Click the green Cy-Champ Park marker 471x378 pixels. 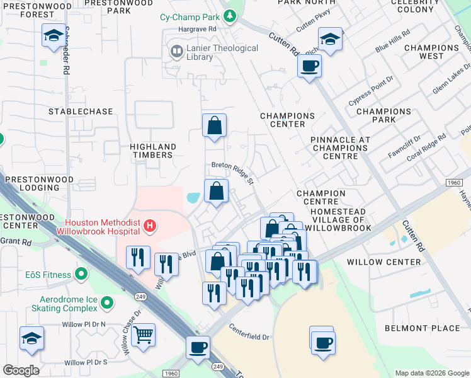click(230, 16)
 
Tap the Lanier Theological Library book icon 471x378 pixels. click(177, 50)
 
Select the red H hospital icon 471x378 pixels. click(149, 225)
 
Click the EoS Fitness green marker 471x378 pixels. click(81, 274)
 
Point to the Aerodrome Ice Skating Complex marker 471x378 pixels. click(106, 304)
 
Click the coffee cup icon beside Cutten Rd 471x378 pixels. click(309, 66)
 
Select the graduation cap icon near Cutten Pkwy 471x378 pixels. click(330, 40)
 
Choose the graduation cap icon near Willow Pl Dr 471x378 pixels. click(31, 339)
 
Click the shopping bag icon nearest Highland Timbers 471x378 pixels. click(214, 126)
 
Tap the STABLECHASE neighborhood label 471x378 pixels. click(81, 112)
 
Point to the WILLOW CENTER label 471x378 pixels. click(392, 262)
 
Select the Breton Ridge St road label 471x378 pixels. click(232, 173)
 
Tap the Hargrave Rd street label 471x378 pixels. click(196, 29)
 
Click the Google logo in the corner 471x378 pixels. click(21, 370)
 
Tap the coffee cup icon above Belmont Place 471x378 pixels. click(323, 343)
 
